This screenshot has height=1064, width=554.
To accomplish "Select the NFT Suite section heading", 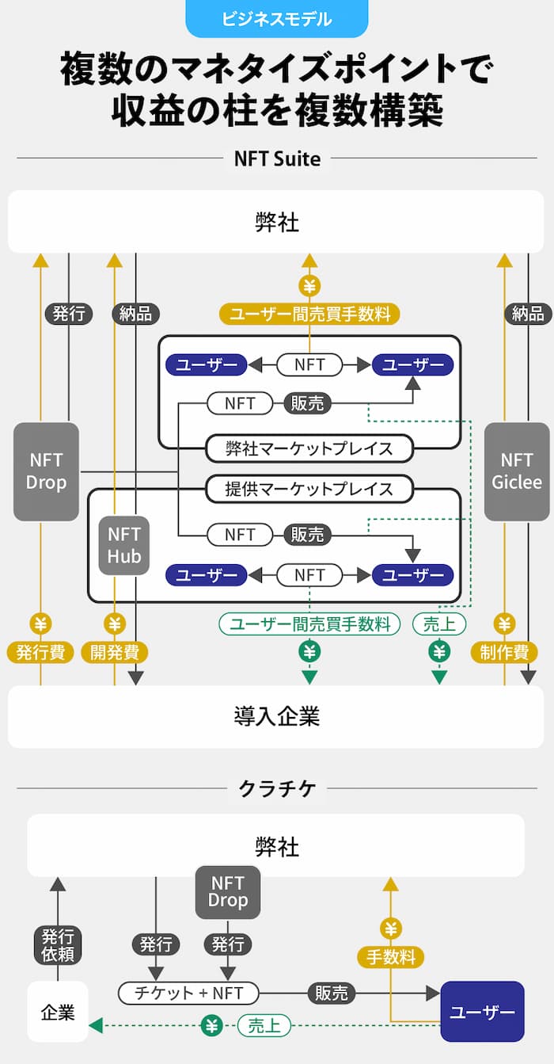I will tap(277, 158).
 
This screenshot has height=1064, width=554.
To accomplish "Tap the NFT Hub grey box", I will tap(124, 545).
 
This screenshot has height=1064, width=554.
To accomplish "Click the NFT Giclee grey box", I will tap(517, 471).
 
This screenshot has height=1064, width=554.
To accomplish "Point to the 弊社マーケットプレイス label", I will tap(309, 448).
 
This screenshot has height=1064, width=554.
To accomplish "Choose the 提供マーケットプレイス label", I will tap(309, 489).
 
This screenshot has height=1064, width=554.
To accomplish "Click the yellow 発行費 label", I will tap(40, 652).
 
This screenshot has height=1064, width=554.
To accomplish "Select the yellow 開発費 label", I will tap(115, 652).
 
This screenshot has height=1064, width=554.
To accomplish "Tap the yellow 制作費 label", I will tap(504, 652).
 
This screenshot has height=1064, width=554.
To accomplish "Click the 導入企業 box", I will tap(277, 716).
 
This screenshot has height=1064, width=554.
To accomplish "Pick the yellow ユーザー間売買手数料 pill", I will tap(309, 314).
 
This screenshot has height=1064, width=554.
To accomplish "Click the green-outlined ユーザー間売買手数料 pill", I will tap(309, 624).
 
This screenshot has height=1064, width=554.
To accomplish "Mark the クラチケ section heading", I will tap(277, 788).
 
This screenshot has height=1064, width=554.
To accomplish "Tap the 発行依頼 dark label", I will tap(58, 944).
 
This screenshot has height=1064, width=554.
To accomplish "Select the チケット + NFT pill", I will tap(188, 992).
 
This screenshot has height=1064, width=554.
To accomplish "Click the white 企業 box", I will tap(58, 1012).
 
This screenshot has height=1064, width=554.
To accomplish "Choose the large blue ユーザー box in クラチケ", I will tap(482, 1012).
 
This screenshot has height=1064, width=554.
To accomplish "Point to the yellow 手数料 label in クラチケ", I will tap(390, 957).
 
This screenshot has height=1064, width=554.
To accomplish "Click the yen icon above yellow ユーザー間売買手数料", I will tap(309, 285).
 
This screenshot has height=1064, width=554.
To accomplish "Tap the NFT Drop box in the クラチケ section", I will tap(228, 891).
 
